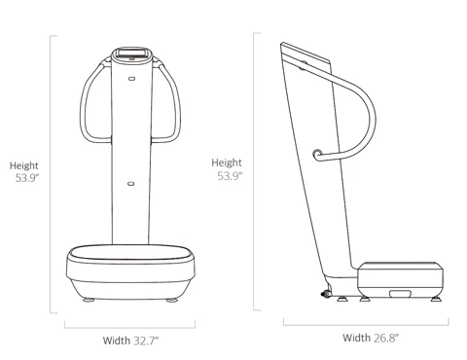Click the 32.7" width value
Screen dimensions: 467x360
(146, 341)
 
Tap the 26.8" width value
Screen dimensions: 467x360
(386, 338)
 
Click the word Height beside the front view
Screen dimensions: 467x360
(24, 165)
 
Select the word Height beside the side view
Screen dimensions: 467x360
(227, 162)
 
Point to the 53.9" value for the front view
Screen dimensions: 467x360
(27, 178)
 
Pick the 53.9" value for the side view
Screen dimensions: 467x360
(230, 176)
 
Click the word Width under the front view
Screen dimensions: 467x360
(117, 341)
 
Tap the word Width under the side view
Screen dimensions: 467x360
(356, 338)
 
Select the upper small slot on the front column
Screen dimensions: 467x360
(131, 79)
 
